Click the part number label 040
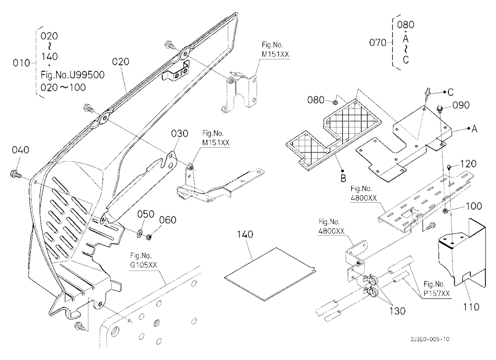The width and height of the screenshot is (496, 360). [20, 150]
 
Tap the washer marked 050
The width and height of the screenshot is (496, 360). [139, 235]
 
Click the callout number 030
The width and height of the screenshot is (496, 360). [180, 133]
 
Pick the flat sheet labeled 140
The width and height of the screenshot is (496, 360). [270, 274]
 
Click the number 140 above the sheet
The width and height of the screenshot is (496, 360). [245, 235]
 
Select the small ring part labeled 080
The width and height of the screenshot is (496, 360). [335, 102]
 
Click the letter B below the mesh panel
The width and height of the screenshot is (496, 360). [343, 179]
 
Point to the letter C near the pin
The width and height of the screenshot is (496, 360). [450, 92]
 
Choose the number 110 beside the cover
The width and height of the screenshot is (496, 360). [471, 306]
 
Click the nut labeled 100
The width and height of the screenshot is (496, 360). [445, 211]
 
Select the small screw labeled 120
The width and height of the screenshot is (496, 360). [450, 167]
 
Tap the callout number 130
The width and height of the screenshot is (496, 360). [397, 311]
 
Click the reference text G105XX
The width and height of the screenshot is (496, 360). [144, 265]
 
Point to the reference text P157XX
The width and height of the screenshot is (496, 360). [436, 294]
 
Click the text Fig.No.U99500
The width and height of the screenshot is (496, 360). [72, 75]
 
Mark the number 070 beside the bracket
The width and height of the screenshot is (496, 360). [377, 42]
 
